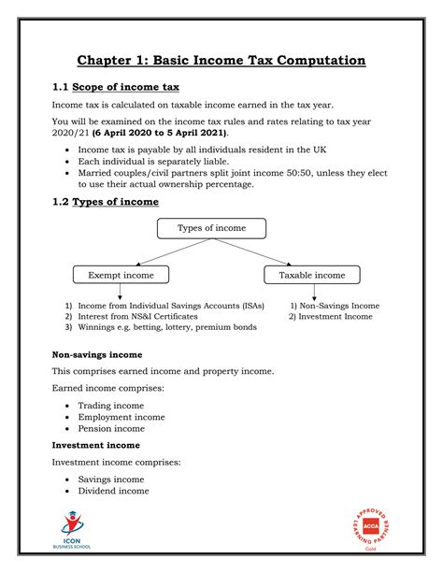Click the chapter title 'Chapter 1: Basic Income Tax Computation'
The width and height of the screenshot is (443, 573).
(221, 61)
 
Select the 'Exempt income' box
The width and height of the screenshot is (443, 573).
(121, 275)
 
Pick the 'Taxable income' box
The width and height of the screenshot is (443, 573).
(312, 275)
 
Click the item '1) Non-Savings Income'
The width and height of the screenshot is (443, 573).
(335, 306)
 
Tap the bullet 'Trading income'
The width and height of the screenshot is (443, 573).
(110, 406)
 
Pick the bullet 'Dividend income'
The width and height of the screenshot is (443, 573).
(112, 491)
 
